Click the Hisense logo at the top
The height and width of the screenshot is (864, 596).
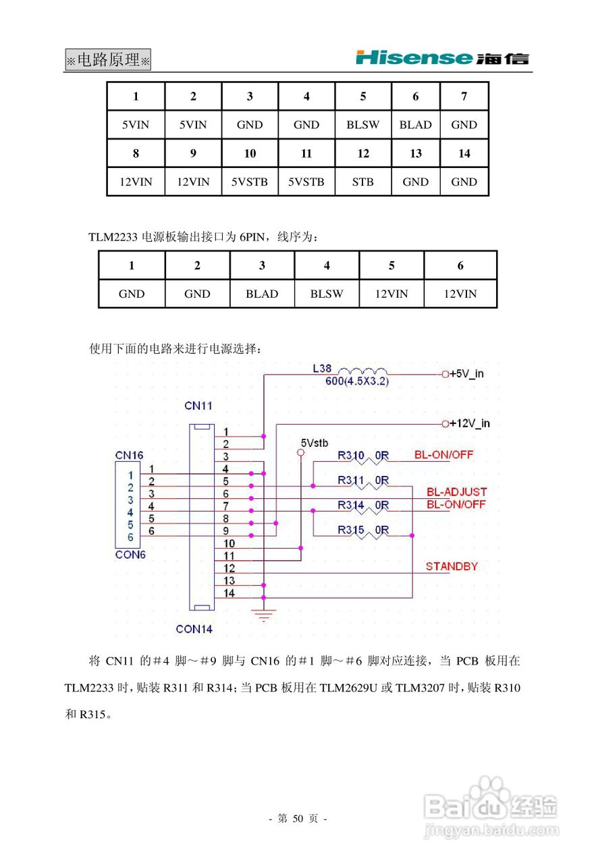point(442,58)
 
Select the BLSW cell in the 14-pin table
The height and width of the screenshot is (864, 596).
point(363,125)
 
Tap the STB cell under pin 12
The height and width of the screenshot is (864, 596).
point(363,182)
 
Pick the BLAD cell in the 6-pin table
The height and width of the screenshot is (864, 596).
point(262,294)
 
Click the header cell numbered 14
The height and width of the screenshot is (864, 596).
point(464,154)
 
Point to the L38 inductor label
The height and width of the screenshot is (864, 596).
point(322,369)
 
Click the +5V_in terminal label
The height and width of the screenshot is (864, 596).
point(467,373)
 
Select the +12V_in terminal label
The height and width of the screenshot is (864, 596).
point(470,424)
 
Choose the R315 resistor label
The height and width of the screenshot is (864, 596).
point(351,531)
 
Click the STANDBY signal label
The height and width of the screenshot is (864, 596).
point(452,566)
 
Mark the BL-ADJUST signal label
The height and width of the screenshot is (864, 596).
point(456,492)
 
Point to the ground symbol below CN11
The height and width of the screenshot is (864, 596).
point(264,614)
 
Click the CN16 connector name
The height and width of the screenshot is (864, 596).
point(129,456)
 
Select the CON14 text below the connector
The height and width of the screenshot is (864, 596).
point(194,629)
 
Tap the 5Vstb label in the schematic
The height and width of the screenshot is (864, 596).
point(315,443)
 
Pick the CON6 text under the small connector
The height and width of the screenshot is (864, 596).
point(130,555)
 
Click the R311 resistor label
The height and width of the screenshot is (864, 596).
point(351,481)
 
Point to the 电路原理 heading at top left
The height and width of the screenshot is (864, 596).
point(108,60)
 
